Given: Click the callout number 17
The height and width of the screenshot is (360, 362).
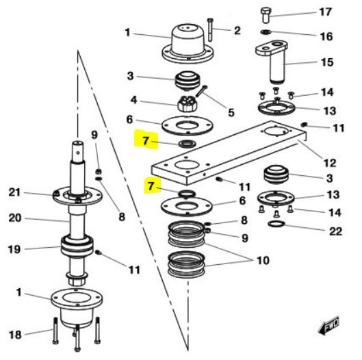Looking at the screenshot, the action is tap(326, 12).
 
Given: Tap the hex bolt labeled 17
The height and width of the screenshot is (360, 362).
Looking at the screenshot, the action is tap(266, 15).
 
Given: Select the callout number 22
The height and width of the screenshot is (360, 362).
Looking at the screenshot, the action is tap(335, 231).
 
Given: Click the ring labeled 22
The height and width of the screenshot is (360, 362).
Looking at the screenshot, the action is tap(276, 224).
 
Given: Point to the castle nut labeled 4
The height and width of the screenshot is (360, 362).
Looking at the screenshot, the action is tap(188, 103).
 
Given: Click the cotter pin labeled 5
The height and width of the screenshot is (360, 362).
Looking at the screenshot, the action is tap(201, 91).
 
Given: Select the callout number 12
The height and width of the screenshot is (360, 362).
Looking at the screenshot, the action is tap(330, 163).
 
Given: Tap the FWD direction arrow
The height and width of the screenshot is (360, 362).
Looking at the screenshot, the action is tap(328, 325).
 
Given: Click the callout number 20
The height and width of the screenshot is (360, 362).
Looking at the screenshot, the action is tap(15, 218).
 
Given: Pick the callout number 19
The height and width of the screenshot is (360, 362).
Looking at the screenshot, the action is tap(14, 249).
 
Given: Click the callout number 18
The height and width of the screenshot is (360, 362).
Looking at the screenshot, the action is tap(15, 335).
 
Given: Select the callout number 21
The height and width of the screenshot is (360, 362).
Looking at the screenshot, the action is tap(14, 192).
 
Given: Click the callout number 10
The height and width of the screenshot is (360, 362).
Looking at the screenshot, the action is tap(263, 260).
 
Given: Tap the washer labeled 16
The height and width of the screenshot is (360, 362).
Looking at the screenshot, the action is tap(265, 31).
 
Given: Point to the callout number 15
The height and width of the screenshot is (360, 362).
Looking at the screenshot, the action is tap(327, 62).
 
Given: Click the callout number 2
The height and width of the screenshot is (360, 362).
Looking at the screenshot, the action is tap(237, 31).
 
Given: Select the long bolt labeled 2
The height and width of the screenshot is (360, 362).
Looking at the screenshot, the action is tap(210, 29).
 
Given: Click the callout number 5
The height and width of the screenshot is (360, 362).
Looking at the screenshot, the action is tap(231, 112).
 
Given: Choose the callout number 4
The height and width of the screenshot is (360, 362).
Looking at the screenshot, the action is tap(134, 100).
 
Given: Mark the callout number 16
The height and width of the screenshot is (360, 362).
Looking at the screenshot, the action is tap(326, 36).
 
